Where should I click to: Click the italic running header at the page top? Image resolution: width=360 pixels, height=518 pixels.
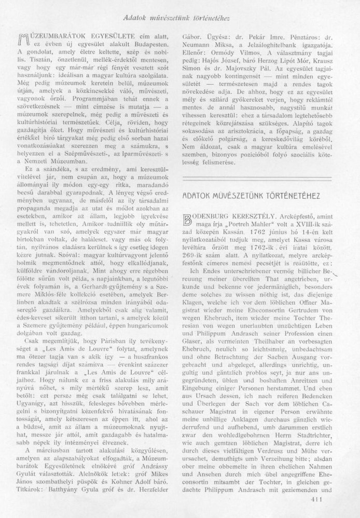[x=180, y=19]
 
